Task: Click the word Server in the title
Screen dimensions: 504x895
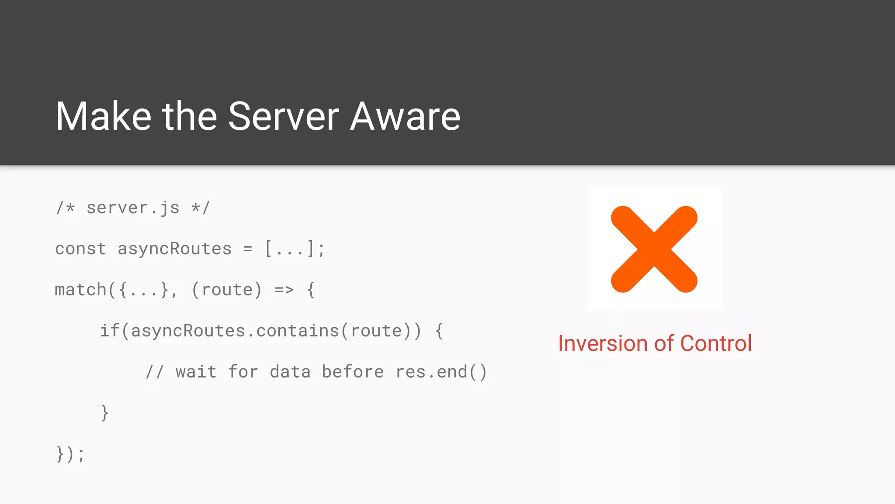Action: [x=283, y=116]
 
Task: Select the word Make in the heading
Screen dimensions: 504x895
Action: [x=103, y=116]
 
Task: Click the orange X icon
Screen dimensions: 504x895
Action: [x=654, y=249]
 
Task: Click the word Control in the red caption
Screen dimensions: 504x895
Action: [x=716, y=343]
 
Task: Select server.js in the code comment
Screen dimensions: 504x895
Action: [x=133, y=208]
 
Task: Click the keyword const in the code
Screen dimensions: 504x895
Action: [x=80, y=249]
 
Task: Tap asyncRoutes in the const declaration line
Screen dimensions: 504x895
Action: [x=174, y=249]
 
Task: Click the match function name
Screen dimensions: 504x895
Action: [x=80, y=290]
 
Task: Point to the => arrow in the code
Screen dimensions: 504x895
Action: [x=284, y=290]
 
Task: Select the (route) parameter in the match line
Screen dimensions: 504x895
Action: [x=226, y=290]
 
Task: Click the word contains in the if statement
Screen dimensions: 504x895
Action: [x=297, y=331]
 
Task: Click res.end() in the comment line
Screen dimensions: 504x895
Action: [x=441, y=372]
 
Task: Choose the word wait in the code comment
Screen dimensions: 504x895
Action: [x=196, y=372]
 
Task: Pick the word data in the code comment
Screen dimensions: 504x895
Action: [x=290, y=372]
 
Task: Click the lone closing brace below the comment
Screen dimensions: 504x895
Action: [x=104, y=413]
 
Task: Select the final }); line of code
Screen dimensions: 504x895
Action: [x=70, y=454]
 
